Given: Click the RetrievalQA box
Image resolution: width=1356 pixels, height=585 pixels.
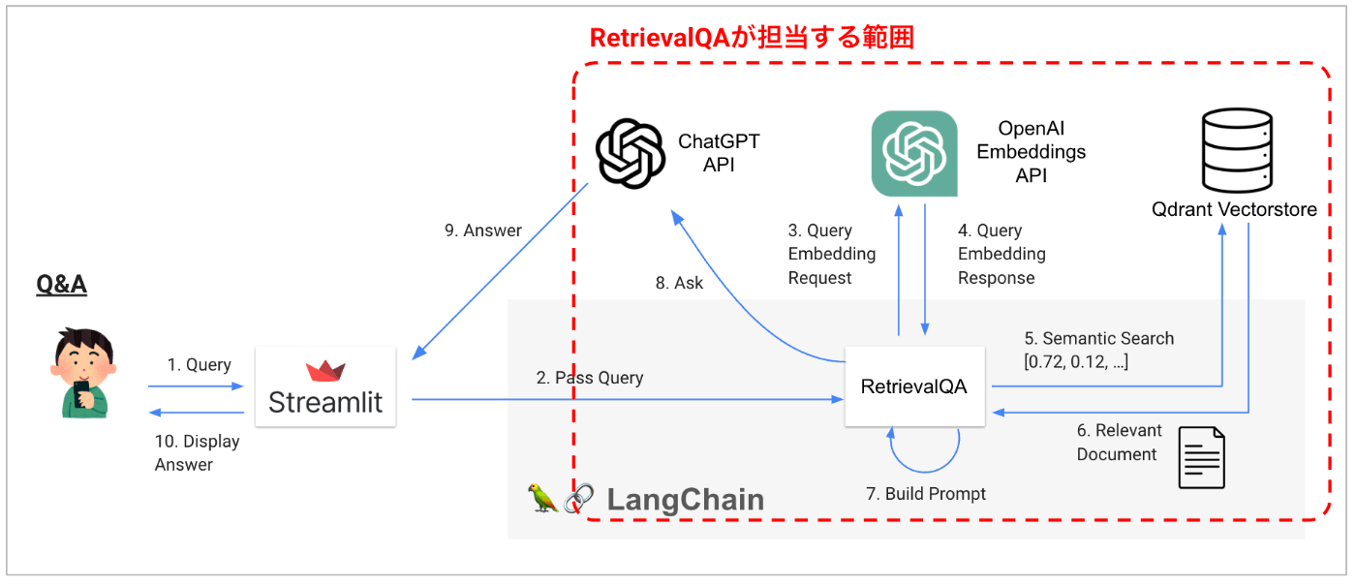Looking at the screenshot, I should (914, 386).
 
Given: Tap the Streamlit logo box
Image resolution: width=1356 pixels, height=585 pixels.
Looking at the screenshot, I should (325, 386).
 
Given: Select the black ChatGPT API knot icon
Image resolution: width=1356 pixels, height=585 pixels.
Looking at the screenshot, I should (630, 154).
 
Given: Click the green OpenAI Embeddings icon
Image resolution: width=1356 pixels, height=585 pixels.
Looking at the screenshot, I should (914, 154).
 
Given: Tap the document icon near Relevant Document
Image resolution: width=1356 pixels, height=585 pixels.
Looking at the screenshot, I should (1201, 457).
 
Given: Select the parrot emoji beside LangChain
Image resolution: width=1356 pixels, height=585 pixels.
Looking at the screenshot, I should (542, 498).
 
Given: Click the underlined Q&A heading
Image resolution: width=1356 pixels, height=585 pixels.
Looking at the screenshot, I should (61, 284).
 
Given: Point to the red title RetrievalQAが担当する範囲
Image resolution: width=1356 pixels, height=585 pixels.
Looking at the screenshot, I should (752, 38).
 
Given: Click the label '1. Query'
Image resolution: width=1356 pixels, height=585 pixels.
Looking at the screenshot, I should (199, 365).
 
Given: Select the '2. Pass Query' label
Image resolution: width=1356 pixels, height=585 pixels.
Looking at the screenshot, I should (590, 378).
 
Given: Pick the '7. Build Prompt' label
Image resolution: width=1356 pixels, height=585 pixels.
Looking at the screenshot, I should (925, 494).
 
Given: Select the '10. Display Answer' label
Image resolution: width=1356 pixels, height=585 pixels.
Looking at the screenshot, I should (197, 452).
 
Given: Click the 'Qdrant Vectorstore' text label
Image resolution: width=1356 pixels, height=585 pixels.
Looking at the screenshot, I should (1234, 209).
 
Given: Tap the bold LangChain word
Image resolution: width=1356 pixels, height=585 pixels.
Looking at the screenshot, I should (685, 500).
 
